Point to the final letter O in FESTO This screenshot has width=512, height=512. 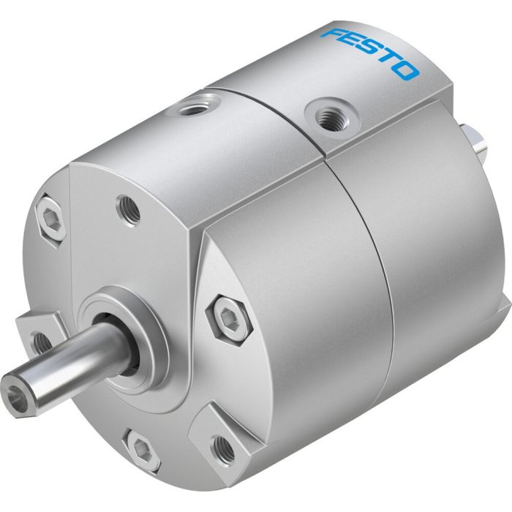click(x=407, y=71)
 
